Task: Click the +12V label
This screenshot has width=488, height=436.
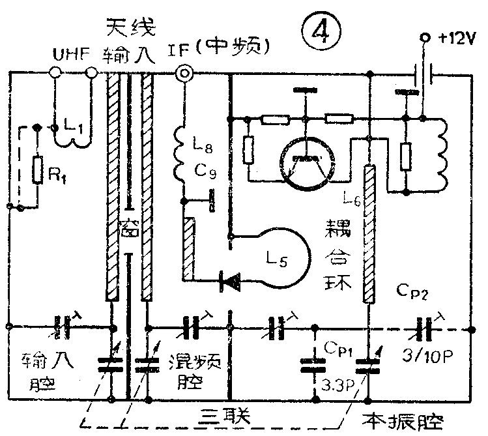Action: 457,38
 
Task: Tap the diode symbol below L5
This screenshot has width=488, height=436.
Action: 229,281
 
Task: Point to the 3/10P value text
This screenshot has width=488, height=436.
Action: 426,354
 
